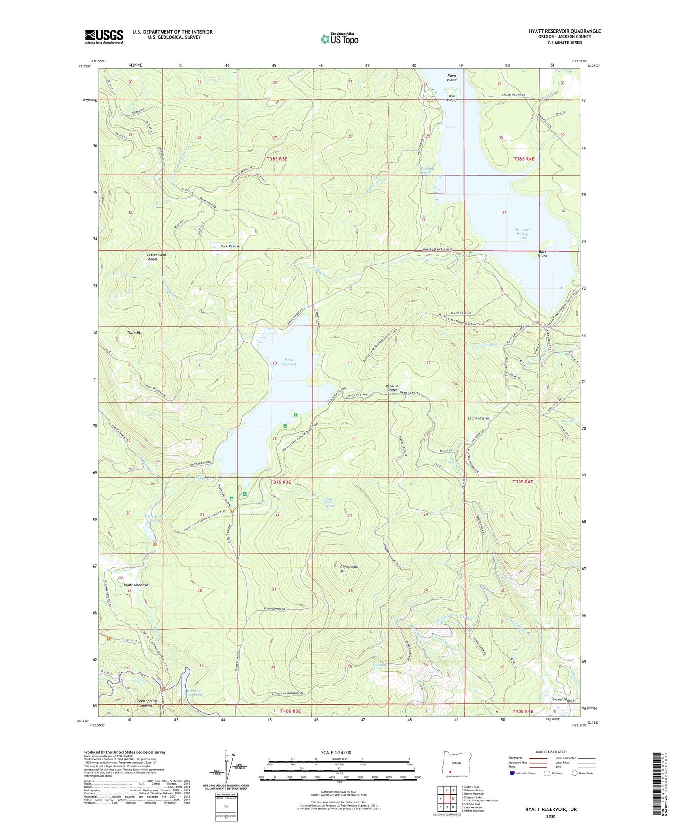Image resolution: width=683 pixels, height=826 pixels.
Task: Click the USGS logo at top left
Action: [x=104, y=36]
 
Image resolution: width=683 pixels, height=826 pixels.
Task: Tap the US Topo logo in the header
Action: [x=339, y=38]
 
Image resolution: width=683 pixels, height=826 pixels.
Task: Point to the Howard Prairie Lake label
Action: [x=522, y=234]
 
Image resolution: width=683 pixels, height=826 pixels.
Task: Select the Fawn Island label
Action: [x=451, y=78]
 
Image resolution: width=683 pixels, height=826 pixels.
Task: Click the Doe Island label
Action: [x=452, y=98]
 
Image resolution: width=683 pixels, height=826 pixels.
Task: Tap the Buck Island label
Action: [x=542, y=254]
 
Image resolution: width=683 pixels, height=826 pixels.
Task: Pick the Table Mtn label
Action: [x=134, y=333]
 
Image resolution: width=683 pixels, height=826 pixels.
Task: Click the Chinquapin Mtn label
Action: [x=349, y=569]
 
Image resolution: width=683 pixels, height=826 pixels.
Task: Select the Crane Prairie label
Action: [x=478, y=418]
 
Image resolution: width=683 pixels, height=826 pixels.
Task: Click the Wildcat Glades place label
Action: [x=391, y=388]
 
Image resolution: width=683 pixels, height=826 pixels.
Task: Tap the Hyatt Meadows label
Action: [x=136, y=585]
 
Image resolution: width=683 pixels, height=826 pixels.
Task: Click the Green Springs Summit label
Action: [x=146, y=703]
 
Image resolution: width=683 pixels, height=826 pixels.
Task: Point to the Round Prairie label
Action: [x=563, y=700]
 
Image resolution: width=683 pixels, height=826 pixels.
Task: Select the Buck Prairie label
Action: [x=230, y=246]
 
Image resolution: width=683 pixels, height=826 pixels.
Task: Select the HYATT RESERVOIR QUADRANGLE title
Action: [x=564, y=31]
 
